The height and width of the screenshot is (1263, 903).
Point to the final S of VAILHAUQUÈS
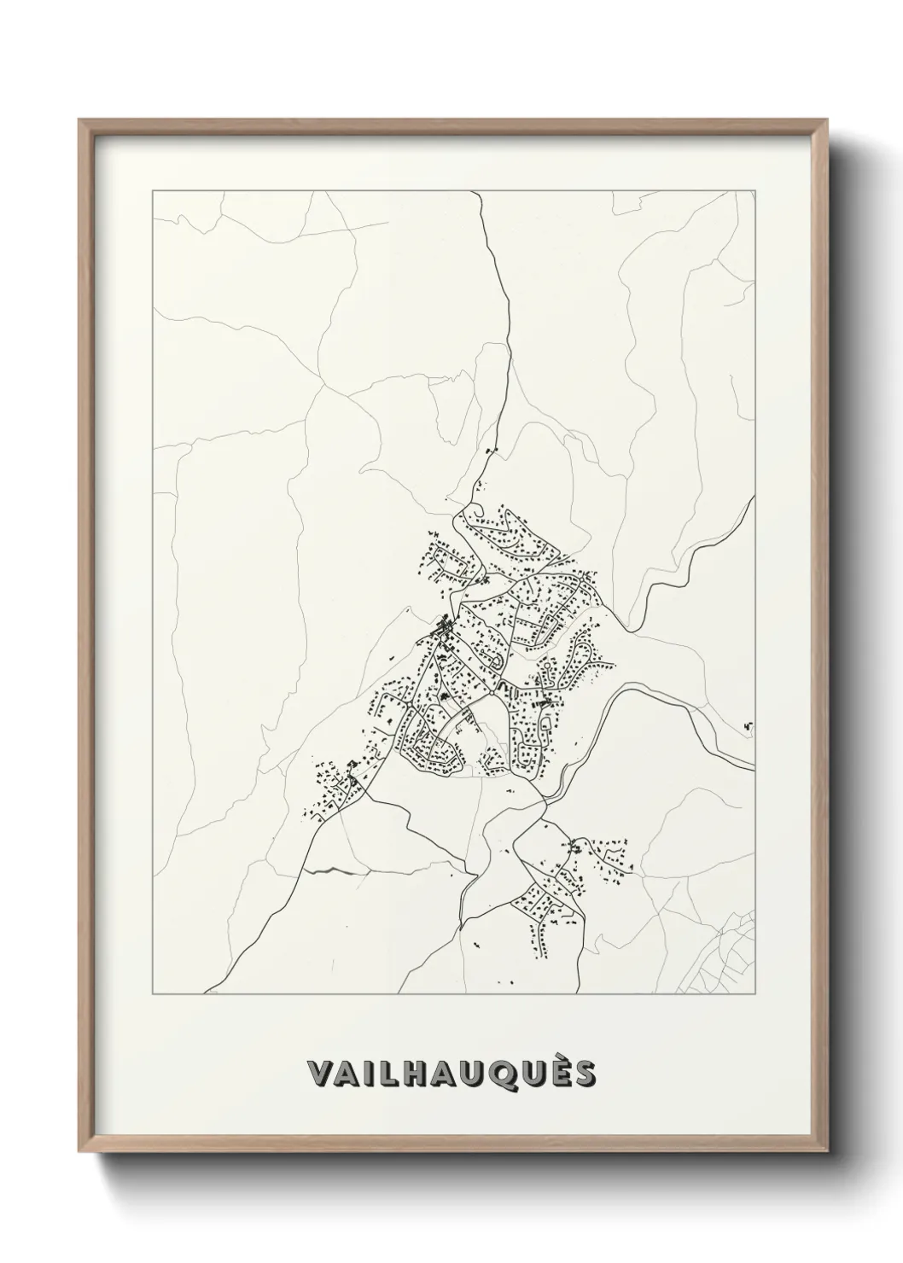point(585,1074)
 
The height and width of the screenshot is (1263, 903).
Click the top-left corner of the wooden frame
point(80,120)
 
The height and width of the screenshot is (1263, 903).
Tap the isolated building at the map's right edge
point(749,725)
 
